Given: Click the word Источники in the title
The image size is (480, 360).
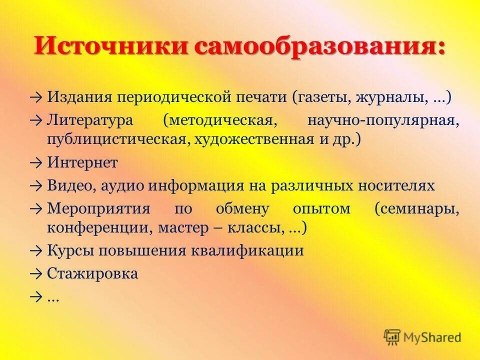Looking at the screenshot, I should tap(110, 49).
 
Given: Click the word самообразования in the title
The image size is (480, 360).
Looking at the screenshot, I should tap(317, 49).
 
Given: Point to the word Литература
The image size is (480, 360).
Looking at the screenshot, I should tap(90, 120).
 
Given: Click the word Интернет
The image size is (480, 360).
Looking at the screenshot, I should tap(82, 163).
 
